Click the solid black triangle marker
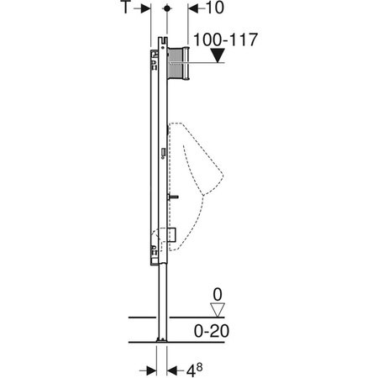pyautogui.click(x=218, y=56)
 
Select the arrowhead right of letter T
pyautogui.click(x=148, y=8)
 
